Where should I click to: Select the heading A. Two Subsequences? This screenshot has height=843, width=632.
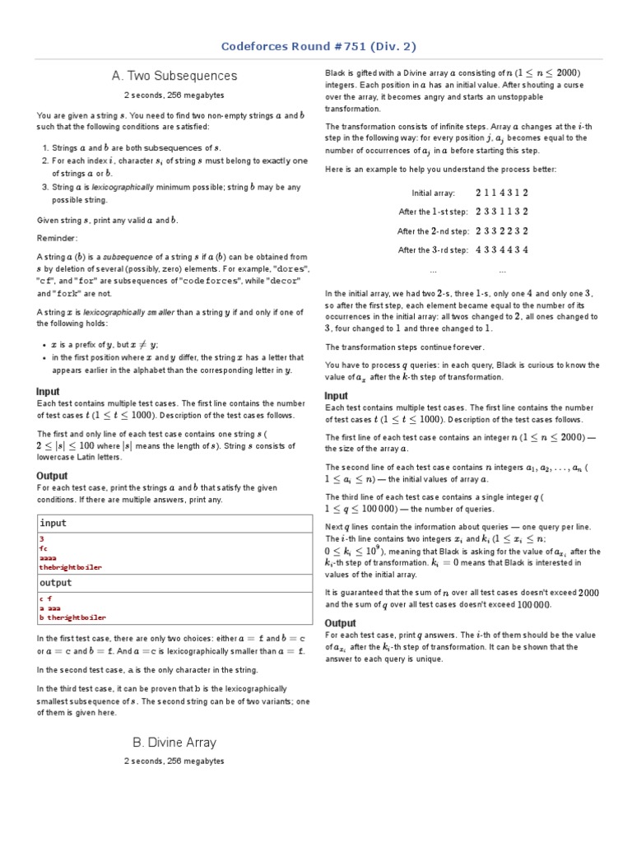pyautogui.click(x=174, y=76)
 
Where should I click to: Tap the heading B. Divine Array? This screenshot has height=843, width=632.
pyautogui.click(x=174, y=743)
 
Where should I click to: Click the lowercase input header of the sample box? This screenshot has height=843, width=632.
pyautogui.click(x=53, y=523)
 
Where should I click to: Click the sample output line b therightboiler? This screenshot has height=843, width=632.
pyautogui.click(x=72, y=617)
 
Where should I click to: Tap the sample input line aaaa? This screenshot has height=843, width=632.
pyautogui.click(x=49, y=557)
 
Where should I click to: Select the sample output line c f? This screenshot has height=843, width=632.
pyautogui.click(x=46, y=598)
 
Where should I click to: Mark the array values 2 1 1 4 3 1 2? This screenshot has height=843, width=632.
pyautogui.click(x=501, y=193)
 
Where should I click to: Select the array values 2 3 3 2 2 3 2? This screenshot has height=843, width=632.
pyautogui.click(x=501, y=231)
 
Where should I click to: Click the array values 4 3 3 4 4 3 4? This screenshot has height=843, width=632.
pyautogui.click(x=501, y=250)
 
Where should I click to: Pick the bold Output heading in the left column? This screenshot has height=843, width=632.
pyautogui.click(x=52, y=476)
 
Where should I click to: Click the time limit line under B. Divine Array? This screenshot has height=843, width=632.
pyautogui.click(x=174, y=761)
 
